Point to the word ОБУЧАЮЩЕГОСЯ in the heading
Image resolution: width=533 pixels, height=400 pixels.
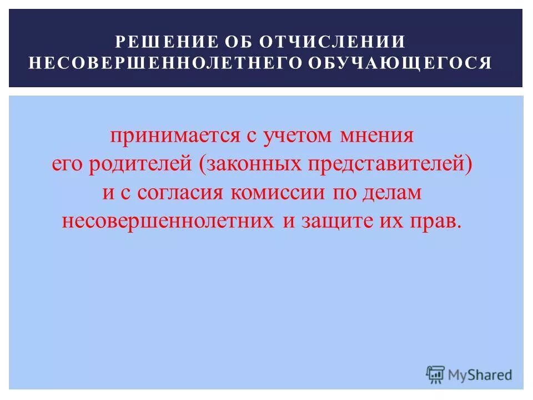(400, 63)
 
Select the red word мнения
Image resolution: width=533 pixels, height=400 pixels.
(378, 136)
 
